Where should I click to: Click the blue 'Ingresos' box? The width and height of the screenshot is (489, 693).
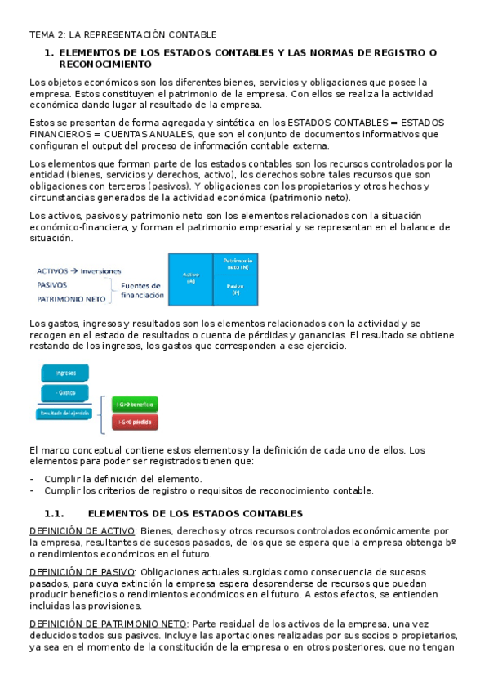(64, 373)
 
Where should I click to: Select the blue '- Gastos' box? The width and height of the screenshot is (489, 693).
(64, 392)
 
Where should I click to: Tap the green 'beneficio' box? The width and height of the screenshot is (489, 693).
(134, 405)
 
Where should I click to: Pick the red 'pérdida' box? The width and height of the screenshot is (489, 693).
(134, 422)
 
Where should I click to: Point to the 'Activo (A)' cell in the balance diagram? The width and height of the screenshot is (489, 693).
(190, 279)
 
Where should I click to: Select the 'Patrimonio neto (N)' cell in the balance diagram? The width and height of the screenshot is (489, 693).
(235, 263)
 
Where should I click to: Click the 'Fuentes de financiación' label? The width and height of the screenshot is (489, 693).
(141, 290)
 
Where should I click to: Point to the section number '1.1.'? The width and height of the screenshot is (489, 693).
(54, 513)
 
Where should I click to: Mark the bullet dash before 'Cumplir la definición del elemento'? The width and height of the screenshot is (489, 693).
(32, 479)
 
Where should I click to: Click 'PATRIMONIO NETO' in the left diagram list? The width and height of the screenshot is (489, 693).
(72, 299)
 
